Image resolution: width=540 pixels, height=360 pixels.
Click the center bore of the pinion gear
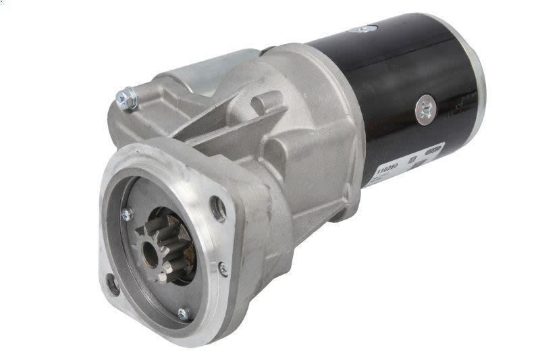150,253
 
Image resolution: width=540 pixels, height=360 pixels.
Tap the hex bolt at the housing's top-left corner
126,99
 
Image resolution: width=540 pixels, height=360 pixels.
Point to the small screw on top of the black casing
364,29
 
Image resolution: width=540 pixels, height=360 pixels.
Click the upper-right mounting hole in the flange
217,207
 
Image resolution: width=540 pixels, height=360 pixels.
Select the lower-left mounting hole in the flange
113,284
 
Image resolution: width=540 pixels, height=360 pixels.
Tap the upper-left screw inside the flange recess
126,214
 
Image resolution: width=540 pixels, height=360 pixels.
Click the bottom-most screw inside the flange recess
183,313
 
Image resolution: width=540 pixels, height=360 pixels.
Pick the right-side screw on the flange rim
223,269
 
